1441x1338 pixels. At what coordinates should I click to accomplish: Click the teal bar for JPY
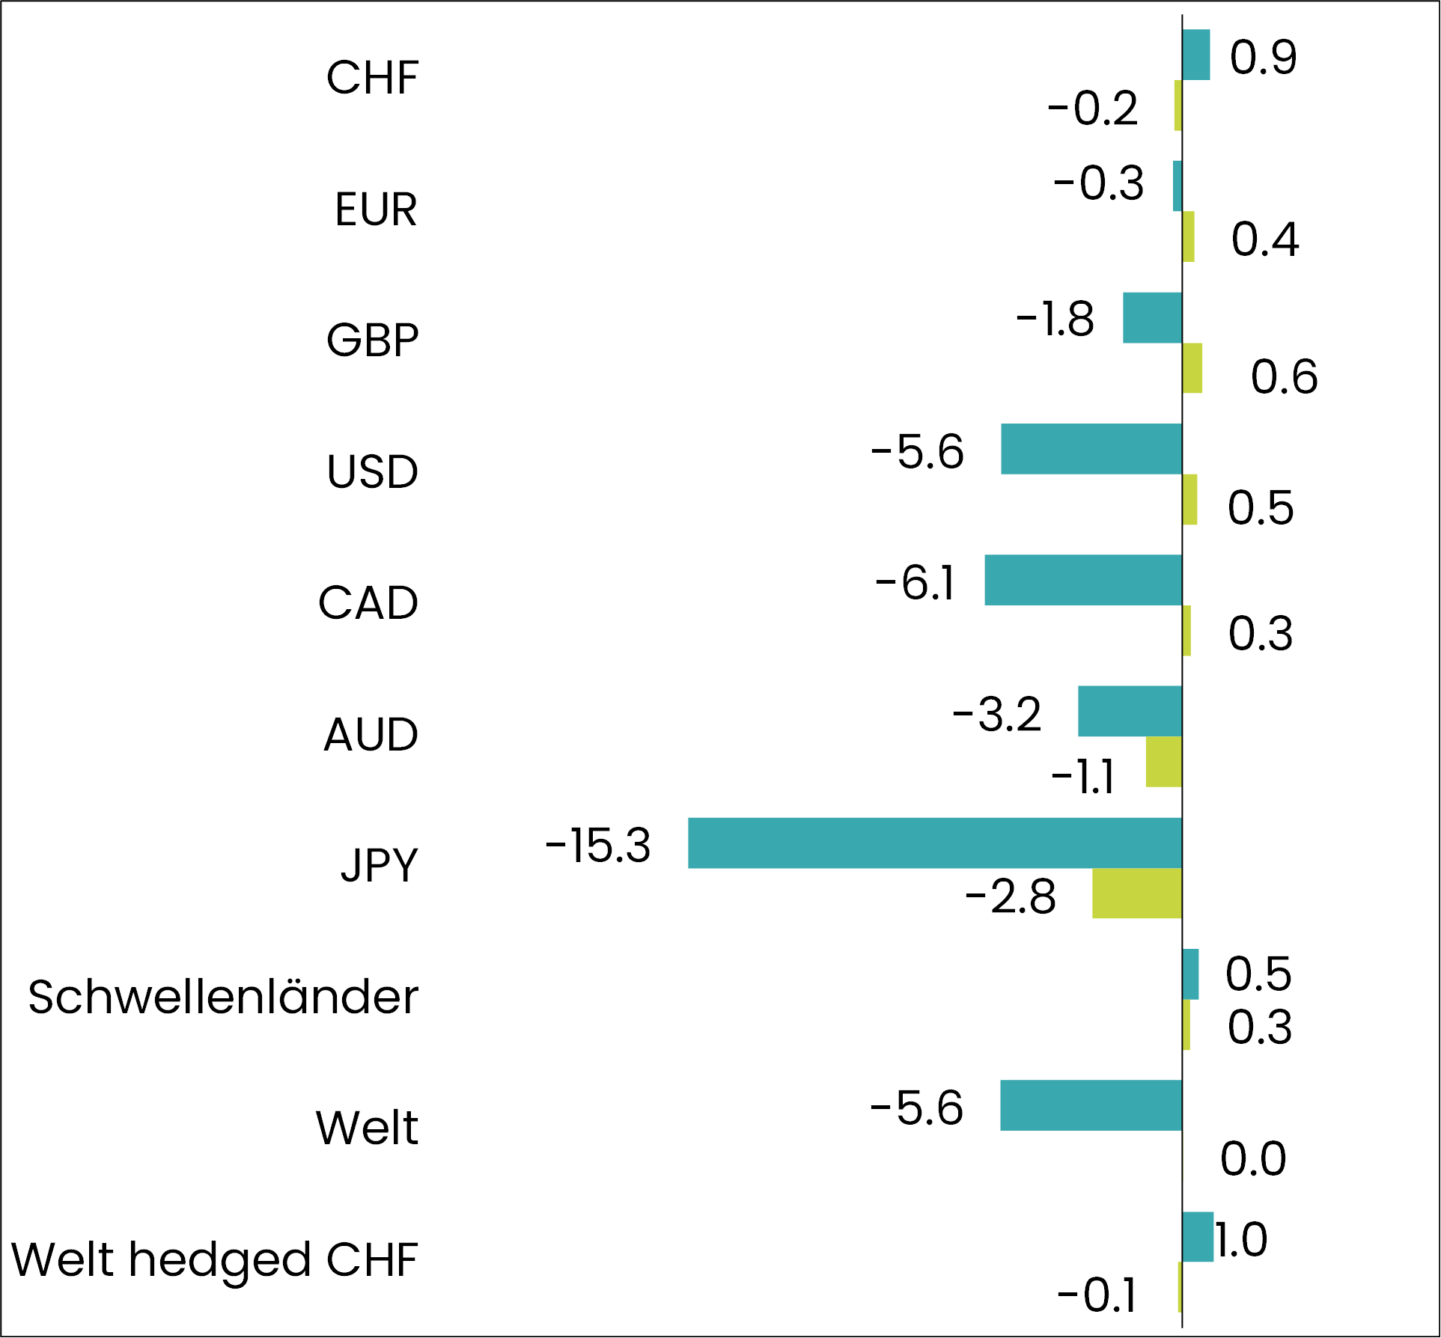[x=934, y=843]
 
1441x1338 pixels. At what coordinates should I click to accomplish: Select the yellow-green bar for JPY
[x=1136, y=893]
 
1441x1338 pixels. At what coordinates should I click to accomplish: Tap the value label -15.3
[x=598, y=846]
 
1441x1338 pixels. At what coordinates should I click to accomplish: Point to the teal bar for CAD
[x=1082, y=580]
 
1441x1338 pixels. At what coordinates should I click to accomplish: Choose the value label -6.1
[x=915, y=583]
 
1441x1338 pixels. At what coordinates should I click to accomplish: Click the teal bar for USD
[x=1091, y=449]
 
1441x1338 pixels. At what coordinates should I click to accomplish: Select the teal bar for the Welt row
[x=1091, y=1105]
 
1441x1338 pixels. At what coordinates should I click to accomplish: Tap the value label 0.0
[x=1253, y=1159]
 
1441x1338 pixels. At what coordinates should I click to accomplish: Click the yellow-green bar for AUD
[x=1163, y=762]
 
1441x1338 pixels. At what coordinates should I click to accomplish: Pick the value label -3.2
[x=996, y=714]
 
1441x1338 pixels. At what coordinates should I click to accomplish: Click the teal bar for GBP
[x=1152, y=318]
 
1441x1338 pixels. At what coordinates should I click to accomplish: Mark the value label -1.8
[x=1055, y=319]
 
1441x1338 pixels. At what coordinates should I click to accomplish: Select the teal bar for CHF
[x=1195, y=55]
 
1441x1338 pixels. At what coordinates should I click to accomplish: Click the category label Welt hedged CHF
[x=215, y=1259]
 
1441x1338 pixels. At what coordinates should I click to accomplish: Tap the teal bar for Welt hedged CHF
[x=1197, y=1237]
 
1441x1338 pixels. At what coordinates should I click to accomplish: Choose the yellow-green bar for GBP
[x=1192, y=368]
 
